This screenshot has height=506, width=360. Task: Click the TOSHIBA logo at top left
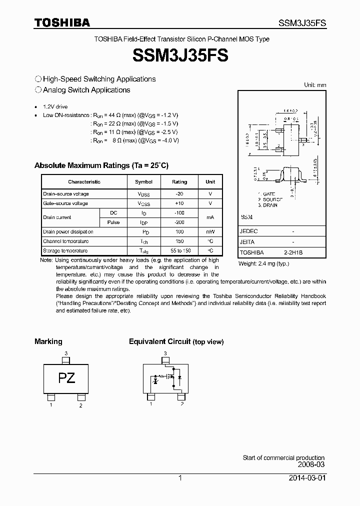[62, 22]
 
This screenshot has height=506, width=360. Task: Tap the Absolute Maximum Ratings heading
[101, 165]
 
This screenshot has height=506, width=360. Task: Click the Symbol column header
[144, 182]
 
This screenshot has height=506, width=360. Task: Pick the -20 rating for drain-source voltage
[179, 194]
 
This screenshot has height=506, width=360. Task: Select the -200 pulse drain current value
[179, 222]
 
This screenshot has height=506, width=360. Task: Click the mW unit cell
[210, 232]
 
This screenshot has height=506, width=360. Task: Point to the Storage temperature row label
[65, 251]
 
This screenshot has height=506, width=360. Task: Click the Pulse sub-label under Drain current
[113, 222]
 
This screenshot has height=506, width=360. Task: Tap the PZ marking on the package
[66, 378]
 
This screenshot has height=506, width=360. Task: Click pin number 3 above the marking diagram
[66, 353]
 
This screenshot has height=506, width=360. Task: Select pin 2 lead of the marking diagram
[80, 397]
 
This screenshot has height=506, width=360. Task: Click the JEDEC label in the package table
[248, 231]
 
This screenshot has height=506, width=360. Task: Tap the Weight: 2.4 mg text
[263, 263]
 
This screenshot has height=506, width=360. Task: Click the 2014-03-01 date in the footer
[307, 478]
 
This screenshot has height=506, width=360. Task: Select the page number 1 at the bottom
[180, 478]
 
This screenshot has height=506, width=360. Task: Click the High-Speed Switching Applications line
[99, 79]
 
